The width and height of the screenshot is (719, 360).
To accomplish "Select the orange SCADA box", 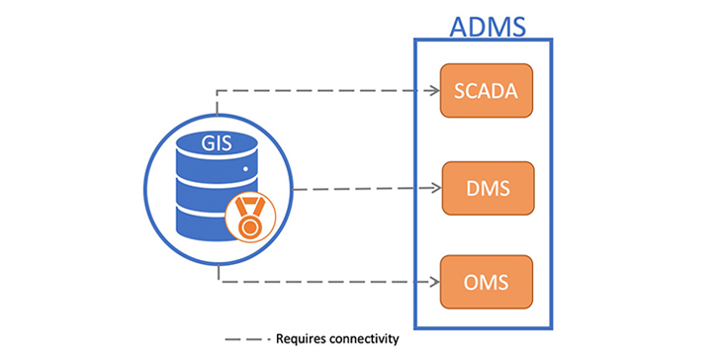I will [485, 92].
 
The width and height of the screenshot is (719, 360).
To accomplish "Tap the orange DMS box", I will [485, 188].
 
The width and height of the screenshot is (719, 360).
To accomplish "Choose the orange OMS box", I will [485, 282].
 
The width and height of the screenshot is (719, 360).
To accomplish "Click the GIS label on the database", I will [215, 141].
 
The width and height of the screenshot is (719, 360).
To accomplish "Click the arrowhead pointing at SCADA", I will [434, 92].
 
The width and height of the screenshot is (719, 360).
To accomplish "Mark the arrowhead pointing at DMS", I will [434, 188].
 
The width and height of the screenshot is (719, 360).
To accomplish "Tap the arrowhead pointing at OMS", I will [434, 282].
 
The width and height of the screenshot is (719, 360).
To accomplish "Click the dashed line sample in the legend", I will [246, 339].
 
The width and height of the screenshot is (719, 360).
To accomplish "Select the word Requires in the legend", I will [301, 339].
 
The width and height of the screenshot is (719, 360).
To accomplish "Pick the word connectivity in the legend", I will [364, 339].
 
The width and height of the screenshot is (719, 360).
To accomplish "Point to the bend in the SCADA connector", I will [217, 92].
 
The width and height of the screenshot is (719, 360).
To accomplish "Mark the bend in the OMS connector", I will [217, 282].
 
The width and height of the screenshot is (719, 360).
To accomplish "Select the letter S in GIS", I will [228, 141].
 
